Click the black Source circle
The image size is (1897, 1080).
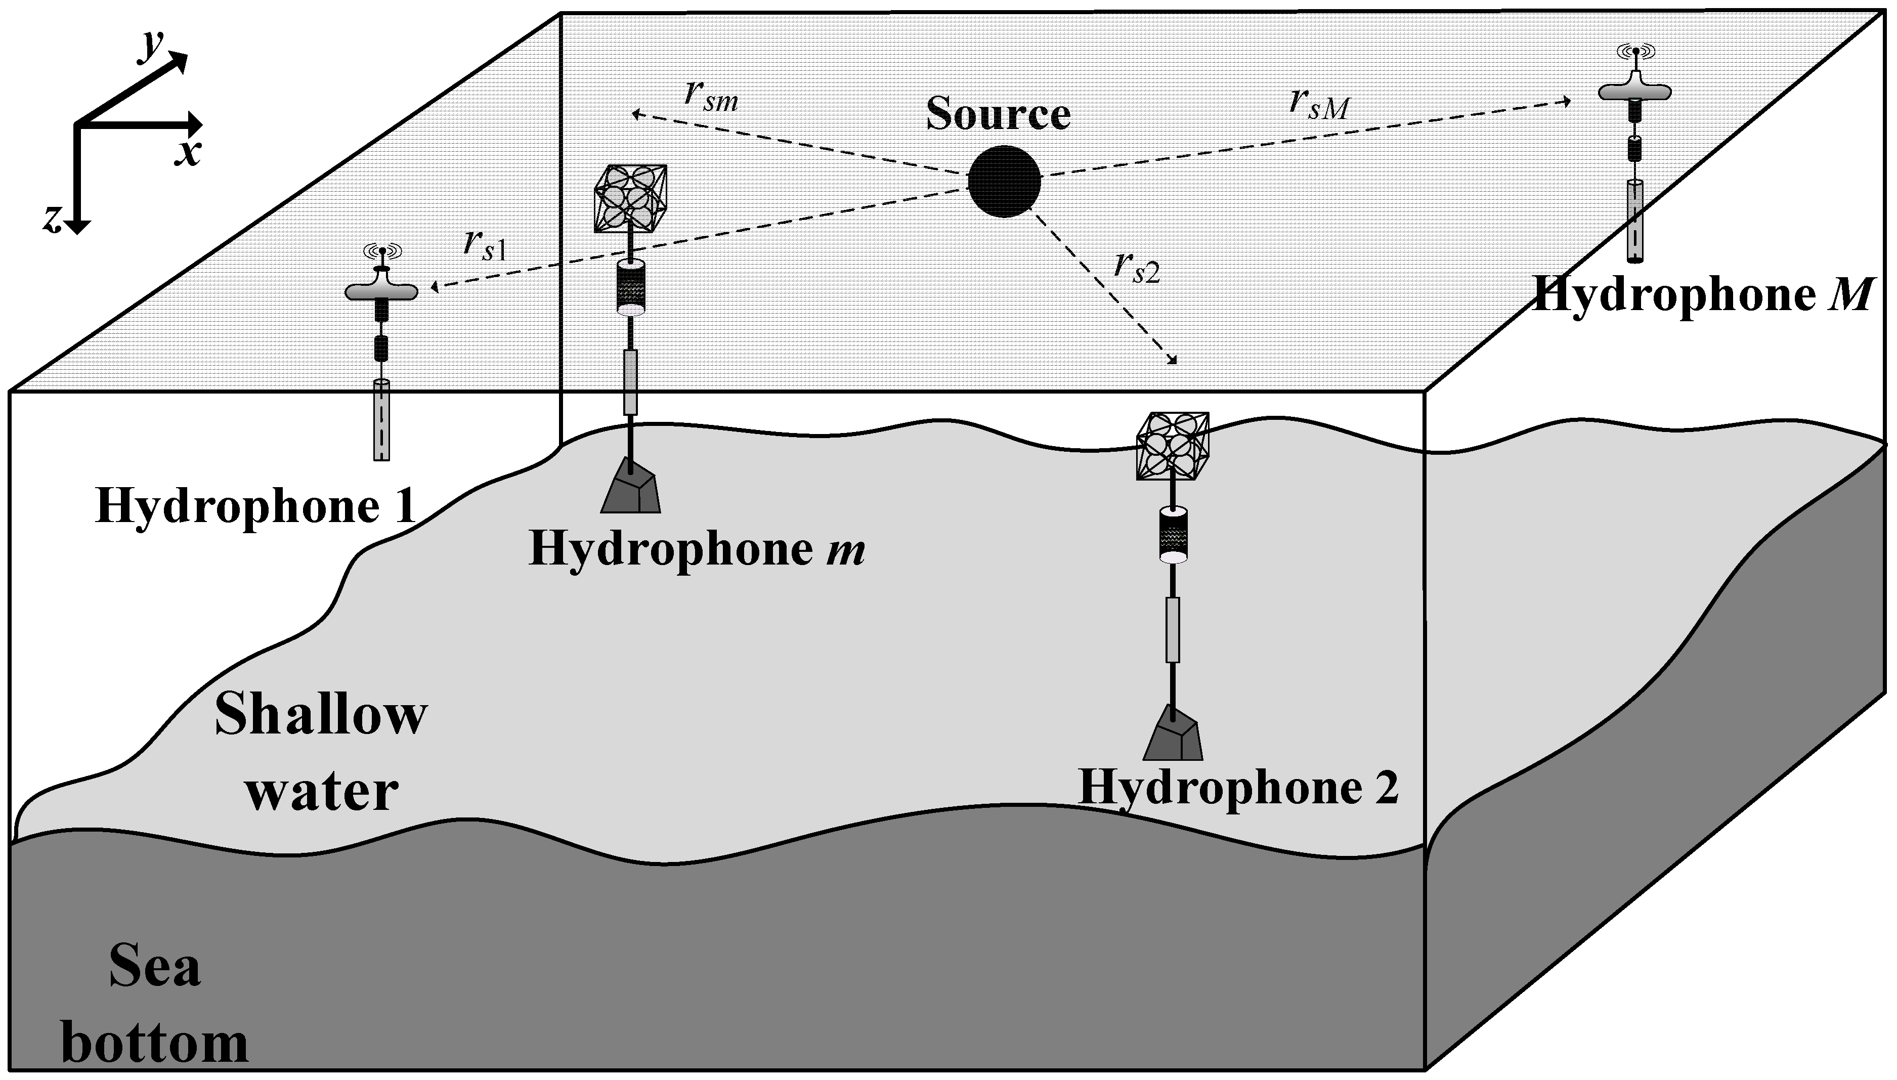pyautogui.click(x=1004, y=182)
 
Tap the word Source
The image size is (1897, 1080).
pyautogui.click(x=998, y=115)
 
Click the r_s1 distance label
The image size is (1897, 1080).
pyautogui.click(x=484, y=245)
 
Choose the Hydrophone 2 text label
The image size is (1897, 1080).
pyautogui.click(x=1238, y=788)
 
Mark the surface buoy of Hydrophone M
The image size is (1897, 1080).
pyautogui.click(x=1634, y=89)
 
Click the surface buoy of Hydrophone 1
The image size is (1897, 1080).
pyautogui.click(x=381, y=289)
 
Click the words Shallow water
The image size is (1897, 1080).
pyautogui.click(x=320, y=751)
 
